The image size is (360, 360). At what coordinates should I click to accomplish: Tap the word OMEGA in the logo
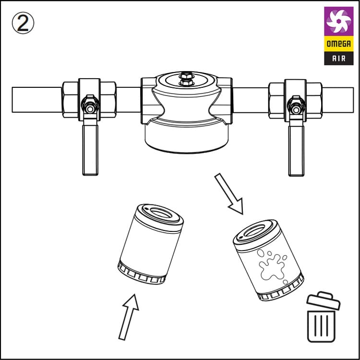tap(339, 44)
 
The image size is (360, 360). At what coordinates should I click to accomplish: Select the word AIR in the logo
tap(339, 58)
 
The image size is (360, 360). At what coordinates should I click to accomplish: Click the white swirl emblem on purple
tap(339, 21)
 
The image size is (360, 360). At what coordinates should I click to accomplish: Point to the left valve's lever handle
tap(90, 147)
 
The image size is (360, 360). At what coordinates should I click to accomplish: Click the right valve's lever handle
tap(296, 148)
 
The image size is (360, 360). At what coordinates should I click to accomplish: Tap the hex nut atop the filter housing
tap(186, 79)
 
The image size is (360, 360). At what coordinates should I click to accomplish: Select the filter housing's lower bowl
tap(187, 138)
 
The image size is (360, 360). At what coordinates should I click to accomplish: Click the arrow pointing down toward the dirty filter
tap(229, 194)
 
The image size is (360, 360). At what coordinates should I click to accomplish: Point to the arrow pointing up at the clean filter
tap(129, 317)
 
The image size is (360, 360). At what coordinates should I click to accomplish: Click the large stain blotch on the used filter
tap(272, 267)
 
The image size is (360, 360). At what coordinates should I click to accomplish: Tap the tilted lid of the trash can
tap(324, 300)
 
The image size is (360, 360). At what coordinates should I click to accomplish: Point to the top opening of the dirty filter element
tap(254, 230)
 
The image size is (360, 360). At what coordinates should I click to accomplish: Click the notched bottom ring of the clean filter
tap(141, 275)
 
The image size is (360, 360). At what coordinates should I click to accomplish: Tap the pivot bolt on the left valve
tap(90, 109)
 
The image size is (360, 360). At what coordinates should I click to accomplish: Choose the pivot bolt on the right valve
tap(296, 110)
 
